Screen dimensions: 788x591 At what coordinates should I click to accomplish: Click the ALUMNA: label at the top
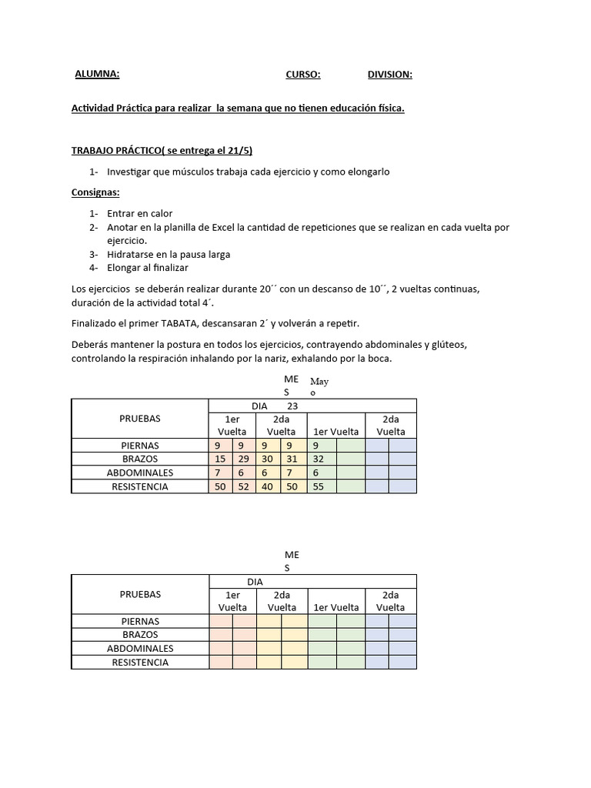(x=97, y=75)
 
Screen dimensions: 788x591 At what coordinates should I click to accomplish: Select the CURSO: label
(x=302, y=75)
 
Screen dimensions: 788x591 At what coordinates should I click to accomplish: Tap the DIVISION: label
(x=389, y=75)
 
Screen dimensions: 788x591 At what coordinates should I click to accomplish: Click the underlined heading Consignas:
(x=95, y=192)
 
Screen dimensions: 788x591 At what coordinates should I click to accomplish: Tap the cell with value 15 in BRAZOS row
(x=220, y=459)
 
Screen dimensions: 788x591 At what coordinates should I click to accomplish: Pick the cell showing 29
(x=244, y=459)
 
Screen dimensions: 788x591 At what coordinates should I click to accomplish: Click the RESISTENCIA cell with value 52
(x=244, y=487)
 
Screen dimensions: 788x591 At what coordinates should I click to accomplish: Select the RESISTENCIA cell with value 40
(x=269, y=487)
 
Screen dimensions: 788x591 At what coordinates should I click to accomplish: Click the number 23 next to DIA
(x=292, y=406)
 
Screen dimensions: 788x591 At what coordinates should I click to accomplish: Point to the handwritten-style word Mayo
(x=318, y=387)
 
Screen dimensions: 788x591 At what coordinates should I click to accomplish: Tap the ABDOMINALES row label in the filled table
(x=140, y=472)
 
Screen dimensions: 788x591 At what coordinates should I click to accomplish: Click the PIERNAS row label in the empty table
(x=140, y=621)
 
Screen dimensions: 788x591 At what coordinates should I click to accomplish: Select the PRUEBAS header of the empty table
(x=140, y=594)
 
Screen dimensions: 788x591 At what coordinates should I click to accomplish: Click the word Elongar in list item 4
(x=124, y=268)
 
